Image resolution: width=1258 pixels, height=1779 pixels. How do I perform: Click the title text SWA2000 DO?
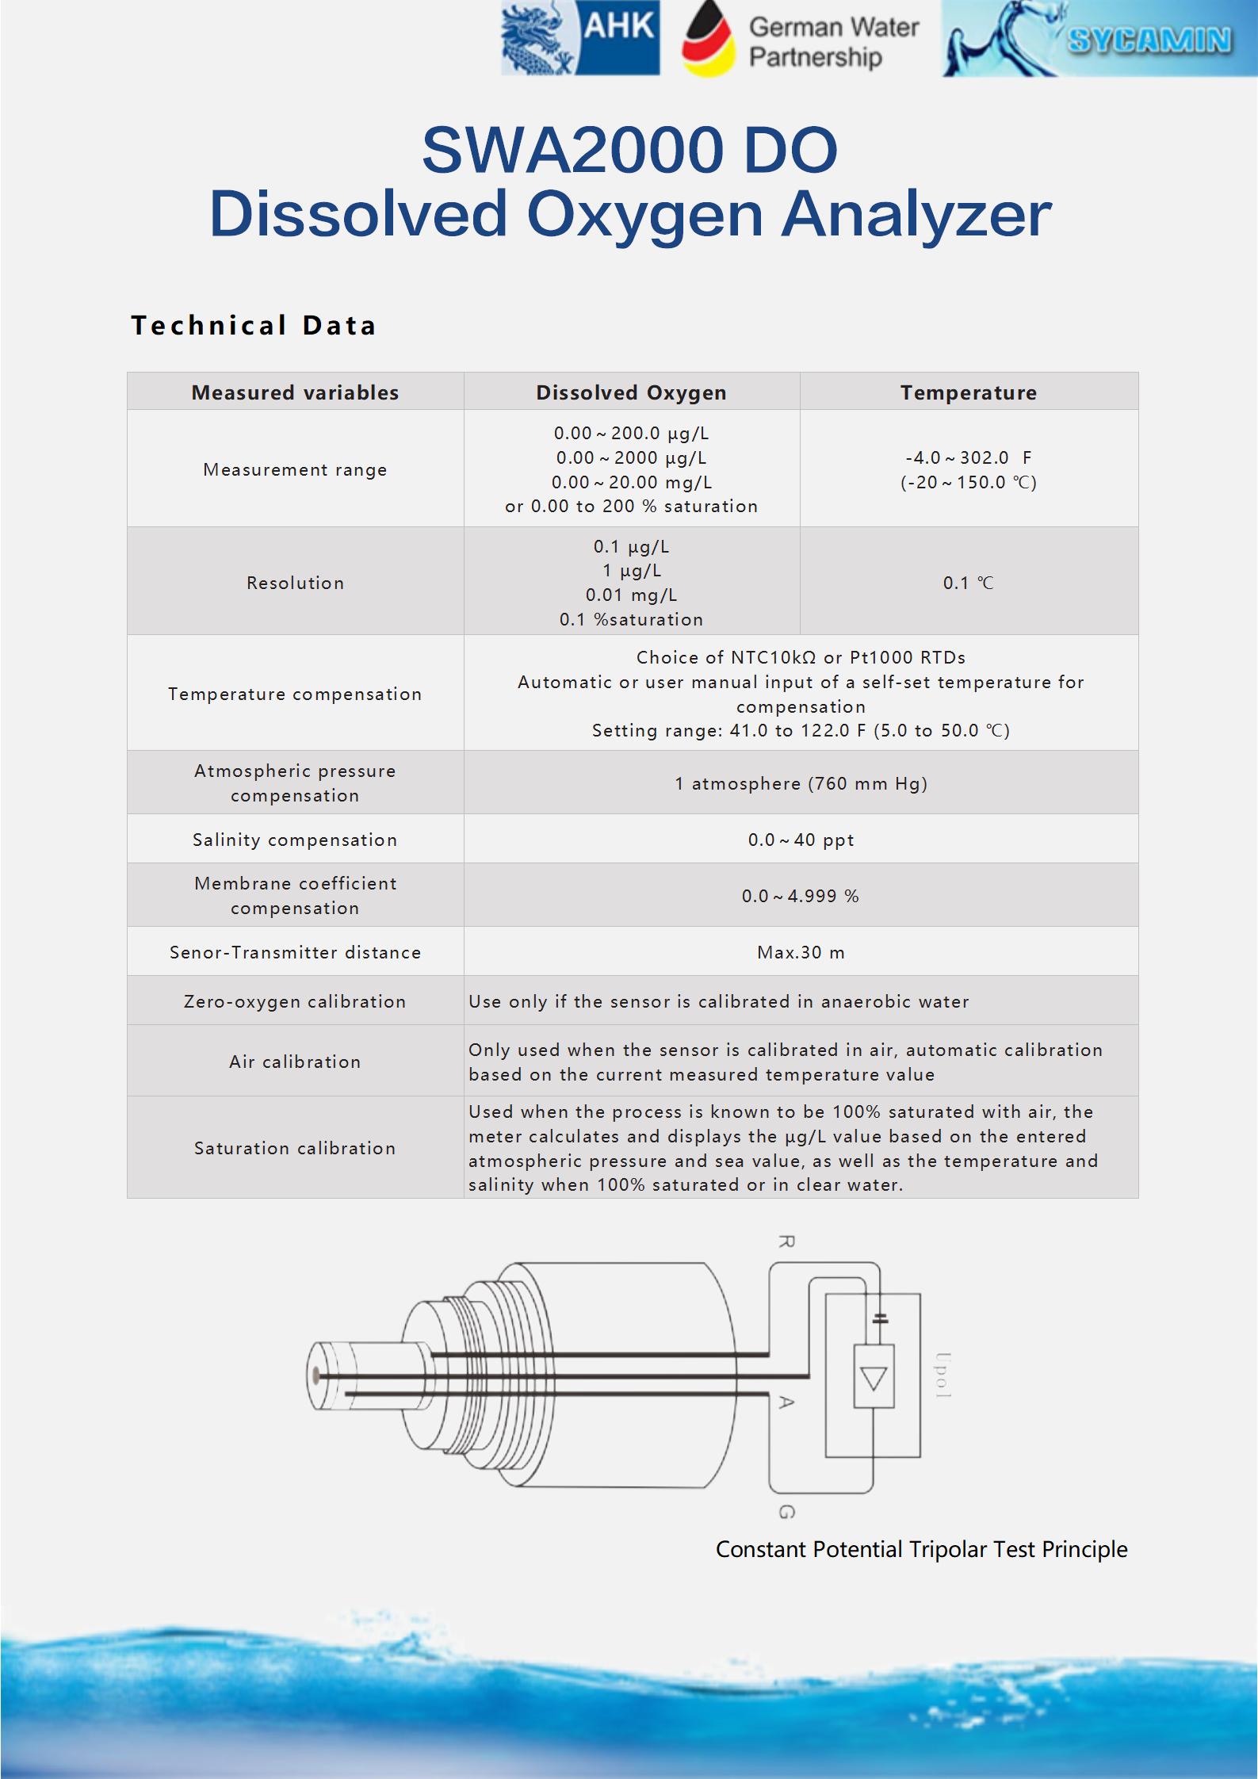coord(629,150)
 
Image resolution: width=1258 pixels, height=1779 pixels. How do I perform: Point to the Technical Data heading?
coord(254,325)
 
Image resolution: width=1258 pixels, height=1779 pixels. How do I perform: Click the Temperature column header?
coord(968,392)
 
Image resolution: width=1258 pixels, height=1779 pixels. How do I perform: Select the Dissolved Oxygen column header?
coord(631,392)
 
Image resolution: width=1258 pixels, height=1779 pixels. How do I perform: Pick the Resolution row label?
coord(295,583)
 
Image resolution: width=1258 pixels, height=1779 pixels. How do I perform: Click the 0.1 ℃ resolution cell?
coord(968,583)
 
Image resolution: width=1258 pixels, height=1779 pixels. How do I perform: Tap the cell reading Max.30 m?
coord(801,952)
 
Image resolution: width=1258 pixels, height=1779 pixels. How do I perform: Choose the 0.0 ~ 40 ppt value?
coord(801,840)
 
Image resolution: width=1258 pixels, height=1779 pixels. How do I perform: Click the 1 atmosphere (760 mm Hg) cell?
coord(801,783)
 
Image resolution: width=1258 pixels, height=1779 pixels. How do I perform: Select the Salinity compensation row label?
coord(295,840)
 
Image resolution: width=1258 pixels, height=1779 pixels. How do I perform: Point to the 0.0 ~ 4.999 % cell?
coord(801,896)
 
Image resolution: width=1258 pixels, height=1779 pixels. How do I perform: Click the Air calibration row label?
coord(295,1062)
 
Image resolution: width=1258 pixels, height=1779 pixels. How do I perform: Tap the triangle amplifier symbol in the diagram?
coord(874,1380)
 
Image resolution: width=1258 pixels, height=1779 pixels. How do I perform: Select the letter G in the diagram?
coord(786,1513)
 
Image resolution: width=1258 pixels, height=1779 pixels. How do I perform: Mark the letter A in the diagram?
coord(786,1402)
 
